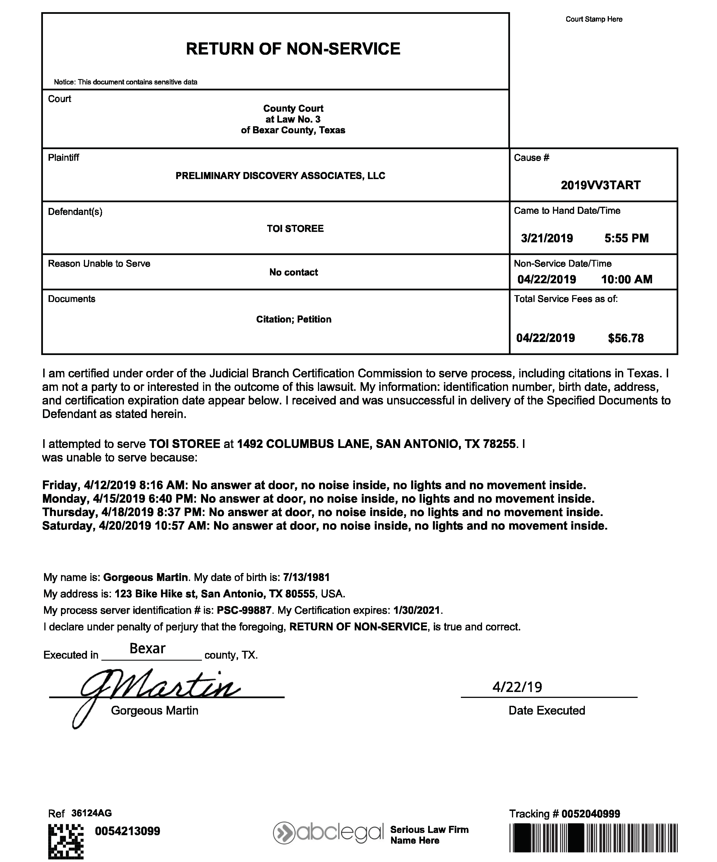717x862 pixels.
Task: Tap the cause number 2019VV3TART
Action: (x=600, y=185)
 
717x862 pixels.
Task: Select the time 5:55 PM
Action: (x=626, y=238)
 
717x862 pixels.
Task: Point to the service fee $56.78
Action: (x=626, y=338)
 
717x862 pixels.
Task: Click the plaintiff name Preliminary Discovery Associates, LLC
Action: (x=280, y=176)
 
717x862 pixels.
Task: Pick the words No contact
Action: (x=293, y=272)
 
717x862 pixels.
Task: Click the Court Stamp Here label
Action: (x=594, y=19)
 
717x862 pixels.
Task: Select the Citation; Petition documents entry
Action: (x=293, y=319)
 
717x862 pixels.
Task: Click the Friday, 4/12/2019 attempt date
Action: (x=89, y=485)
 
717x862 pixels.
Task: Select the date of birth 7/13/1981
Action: (x=306, y=577)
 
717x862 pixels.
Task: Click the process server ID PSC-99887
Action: (x=244, y=610)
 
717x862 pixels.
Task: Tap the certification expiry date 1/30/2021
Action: (x=416, y=610)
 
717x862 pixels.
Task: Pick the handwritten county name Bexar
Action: (x=147, y=648)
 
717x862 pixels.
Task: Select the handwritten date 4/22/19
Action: (x=517, y=687)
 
